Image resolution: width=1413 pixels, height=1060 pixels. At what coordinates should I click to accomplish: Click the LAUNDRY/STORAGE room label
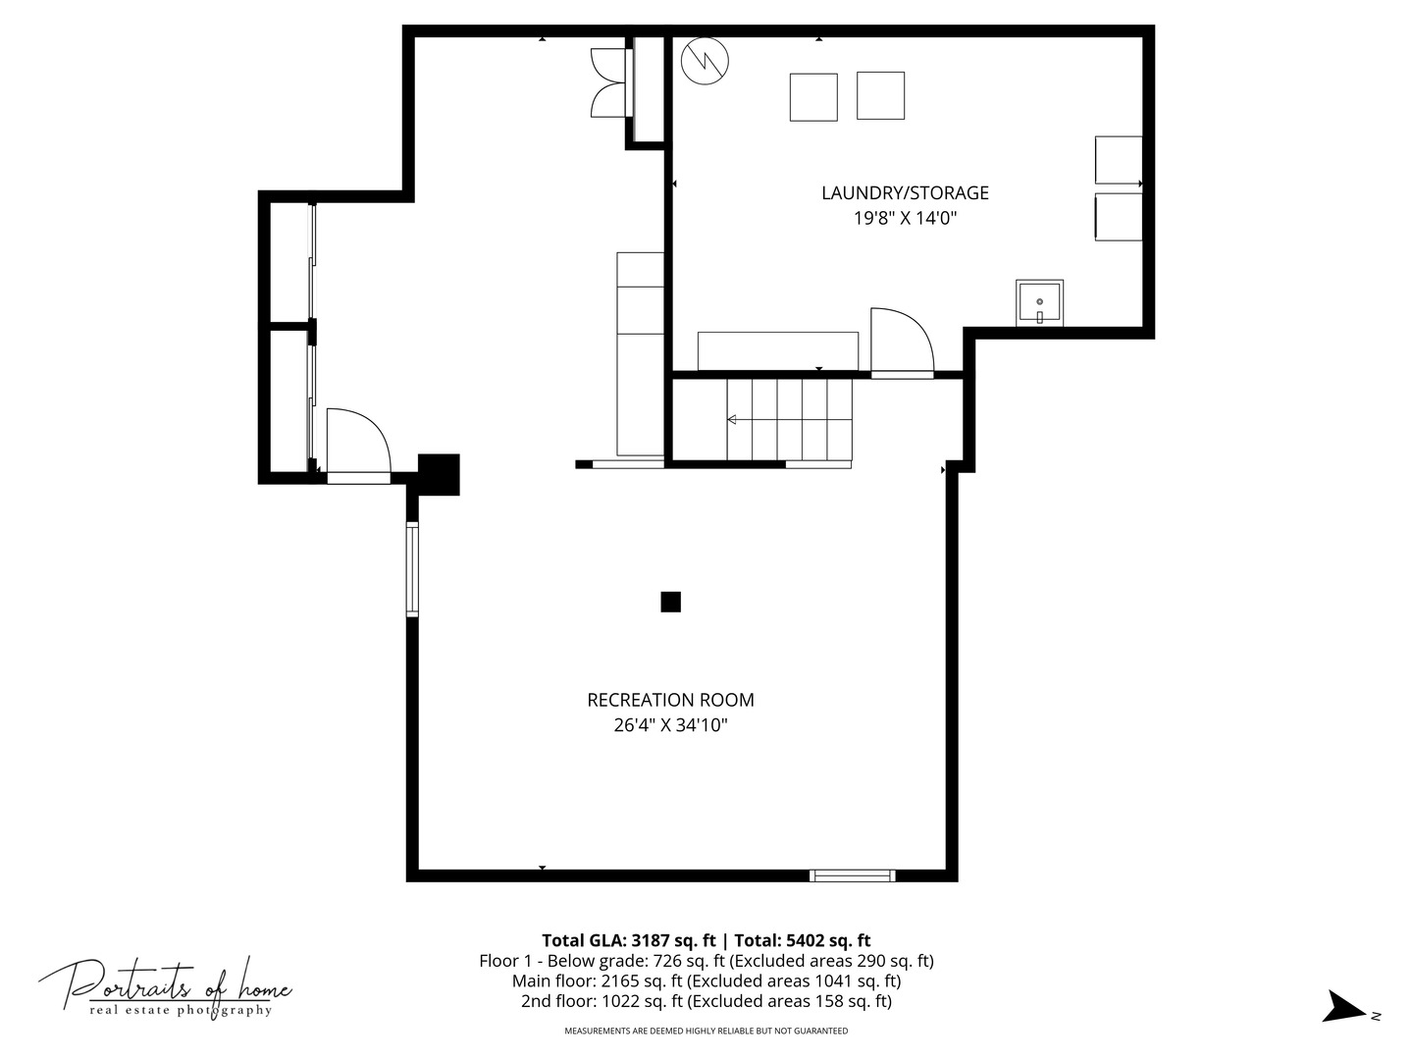click(905, 192)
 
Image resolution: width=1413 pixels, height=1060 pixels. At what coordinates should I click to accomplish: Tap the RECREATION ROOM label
click(670, 700)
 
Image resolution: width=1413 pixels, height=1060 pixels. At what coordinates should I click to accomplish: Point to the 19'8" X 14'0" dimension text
click(905, 218)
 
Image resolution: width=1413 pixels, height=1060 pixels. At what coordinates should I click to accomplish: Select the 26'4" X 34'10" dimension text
click(670, 725)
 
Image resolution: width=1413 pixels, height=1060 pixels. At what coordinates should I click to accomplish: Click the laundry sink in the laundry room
click(1039, 302)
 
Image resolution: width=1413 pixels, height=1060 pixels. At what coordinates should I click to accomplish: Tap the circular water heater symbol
click(705, 61)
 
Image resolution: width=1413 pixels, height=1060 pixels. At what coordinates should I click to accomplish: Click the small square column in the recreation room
click(670, 602)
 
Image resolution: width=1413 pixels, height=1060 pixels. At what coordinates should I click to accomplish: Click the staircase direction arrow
click(789, 420)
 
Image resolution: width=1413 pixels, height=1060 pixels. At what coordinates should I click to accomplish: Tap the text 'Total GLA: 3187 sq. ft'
click(628, 940)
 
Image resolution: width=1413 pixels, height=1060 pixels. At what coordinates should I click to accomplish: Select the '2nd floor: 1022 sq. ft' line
click(602, 1001)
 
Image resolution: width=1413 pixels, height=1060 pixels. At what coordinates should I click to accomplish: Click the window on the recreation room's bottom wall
click(853, 875)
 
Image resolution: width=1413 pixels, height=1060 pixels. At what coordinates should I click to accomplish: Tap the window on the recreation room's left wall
click(412, 569)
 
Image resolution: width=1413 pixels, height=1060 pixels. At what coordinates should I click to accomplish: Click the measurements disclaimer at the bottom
click(706, 1031)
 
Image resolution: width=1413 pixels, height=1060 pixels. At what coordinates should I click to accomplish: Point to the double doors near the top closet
click(608, 82)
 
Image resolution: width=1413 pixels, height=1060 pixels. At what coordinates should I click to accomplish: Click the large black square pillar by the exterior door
click(439, 474)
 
